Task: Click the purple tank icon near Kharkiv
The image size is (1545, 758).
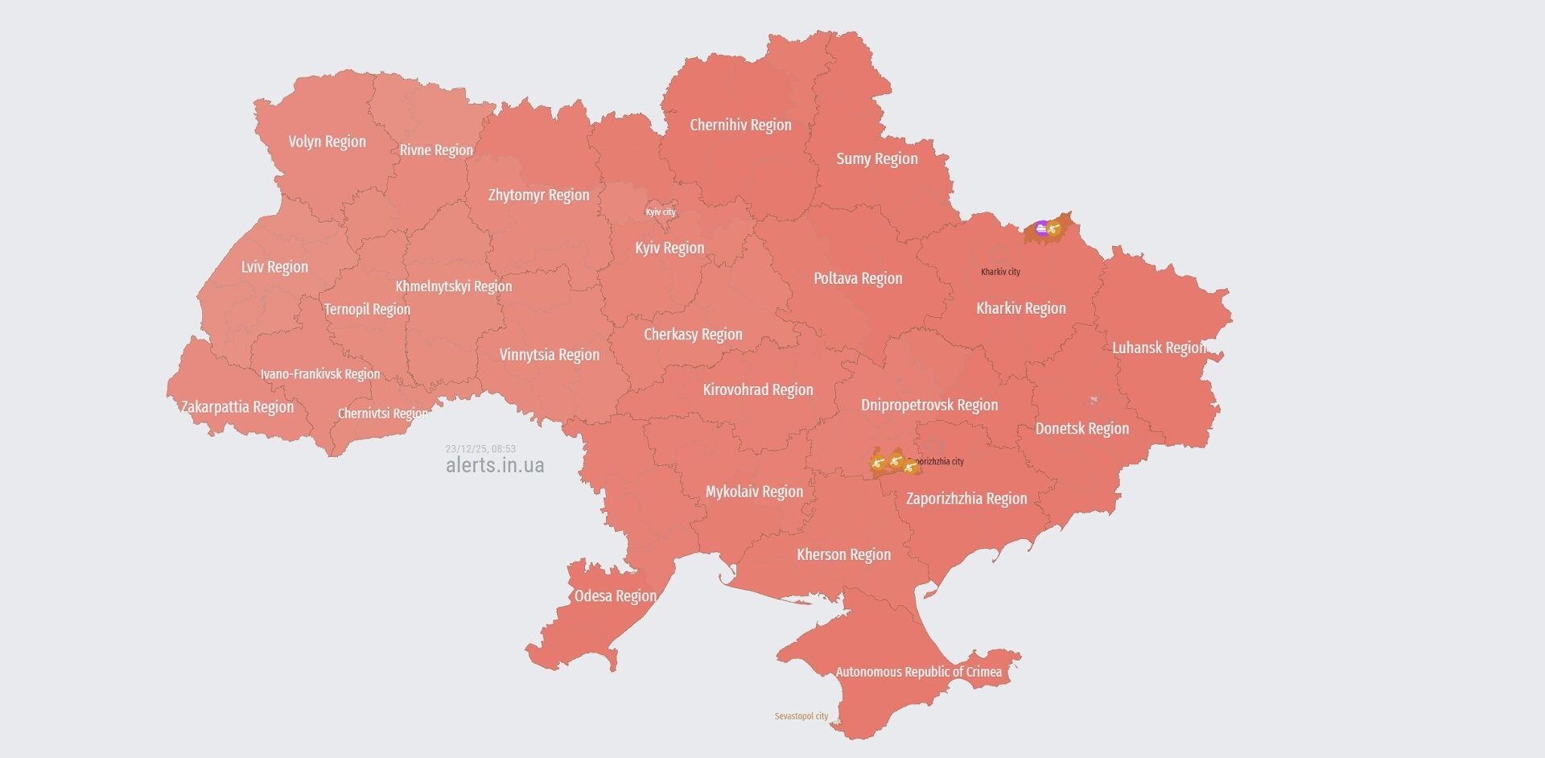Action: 1042,228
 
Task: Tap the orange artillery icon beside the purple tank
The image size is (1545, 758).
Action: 1053,229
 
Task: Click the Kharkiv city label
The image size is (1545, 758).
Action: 1000,272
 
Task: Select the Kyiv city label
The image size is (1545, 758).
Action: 661,212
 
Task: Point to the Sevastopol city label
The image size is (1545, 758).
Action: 801,716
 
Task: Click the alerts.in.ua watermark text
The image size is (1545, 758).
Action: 495,465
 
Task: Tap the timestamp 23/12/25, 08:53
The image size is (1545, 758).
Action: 480,449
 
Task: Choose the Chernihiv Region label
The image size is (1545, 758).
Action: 740,125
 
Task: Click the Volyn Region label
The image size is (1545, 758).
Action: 327,142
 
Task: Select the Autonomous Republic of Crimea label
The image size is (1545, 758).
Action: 918,672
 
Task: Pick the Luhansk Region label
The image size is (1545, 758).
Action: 1159,348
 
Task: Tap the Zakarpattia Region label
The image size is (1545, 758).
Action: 237,406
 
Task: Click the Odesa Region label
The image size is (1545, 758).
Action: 615,596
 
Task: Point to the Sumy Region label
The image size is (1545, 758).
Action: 876,159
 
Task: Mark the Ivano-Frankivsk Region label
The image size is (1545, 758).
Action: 319,374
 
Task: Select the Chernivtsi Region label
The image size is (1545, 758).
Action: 382,414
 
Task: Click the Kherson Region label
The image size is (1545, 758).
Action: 843,554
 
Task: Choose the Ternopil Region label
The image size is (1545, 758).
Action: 367,309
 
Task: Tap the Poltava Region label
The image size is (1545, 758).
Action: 857,278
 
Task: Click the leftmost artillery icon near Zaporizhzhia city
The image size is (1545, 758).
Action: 879,463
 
